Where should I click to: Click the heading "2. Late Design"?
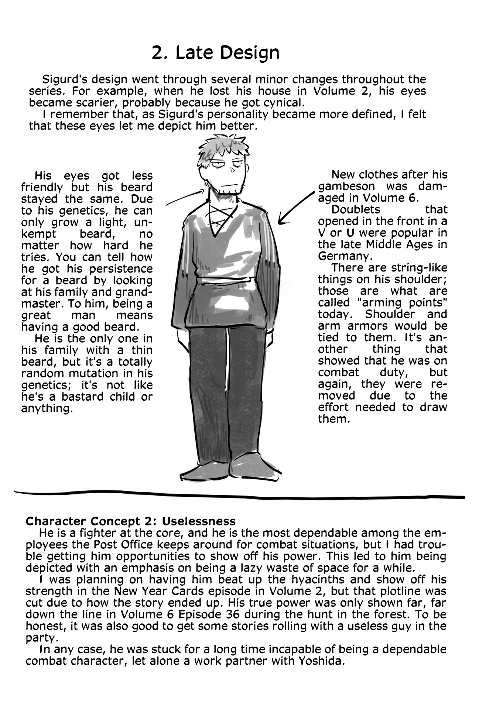(215, 53)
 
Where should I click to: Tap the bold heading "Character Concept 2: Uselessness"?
(130, 521)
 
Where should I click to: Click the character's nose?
(232, 170)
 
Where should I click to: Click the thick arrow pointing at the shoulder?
(295, 209)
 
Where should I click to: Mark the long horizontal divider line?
(239, 495)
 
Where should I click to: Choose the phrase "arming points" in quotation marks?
(401, 302)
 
